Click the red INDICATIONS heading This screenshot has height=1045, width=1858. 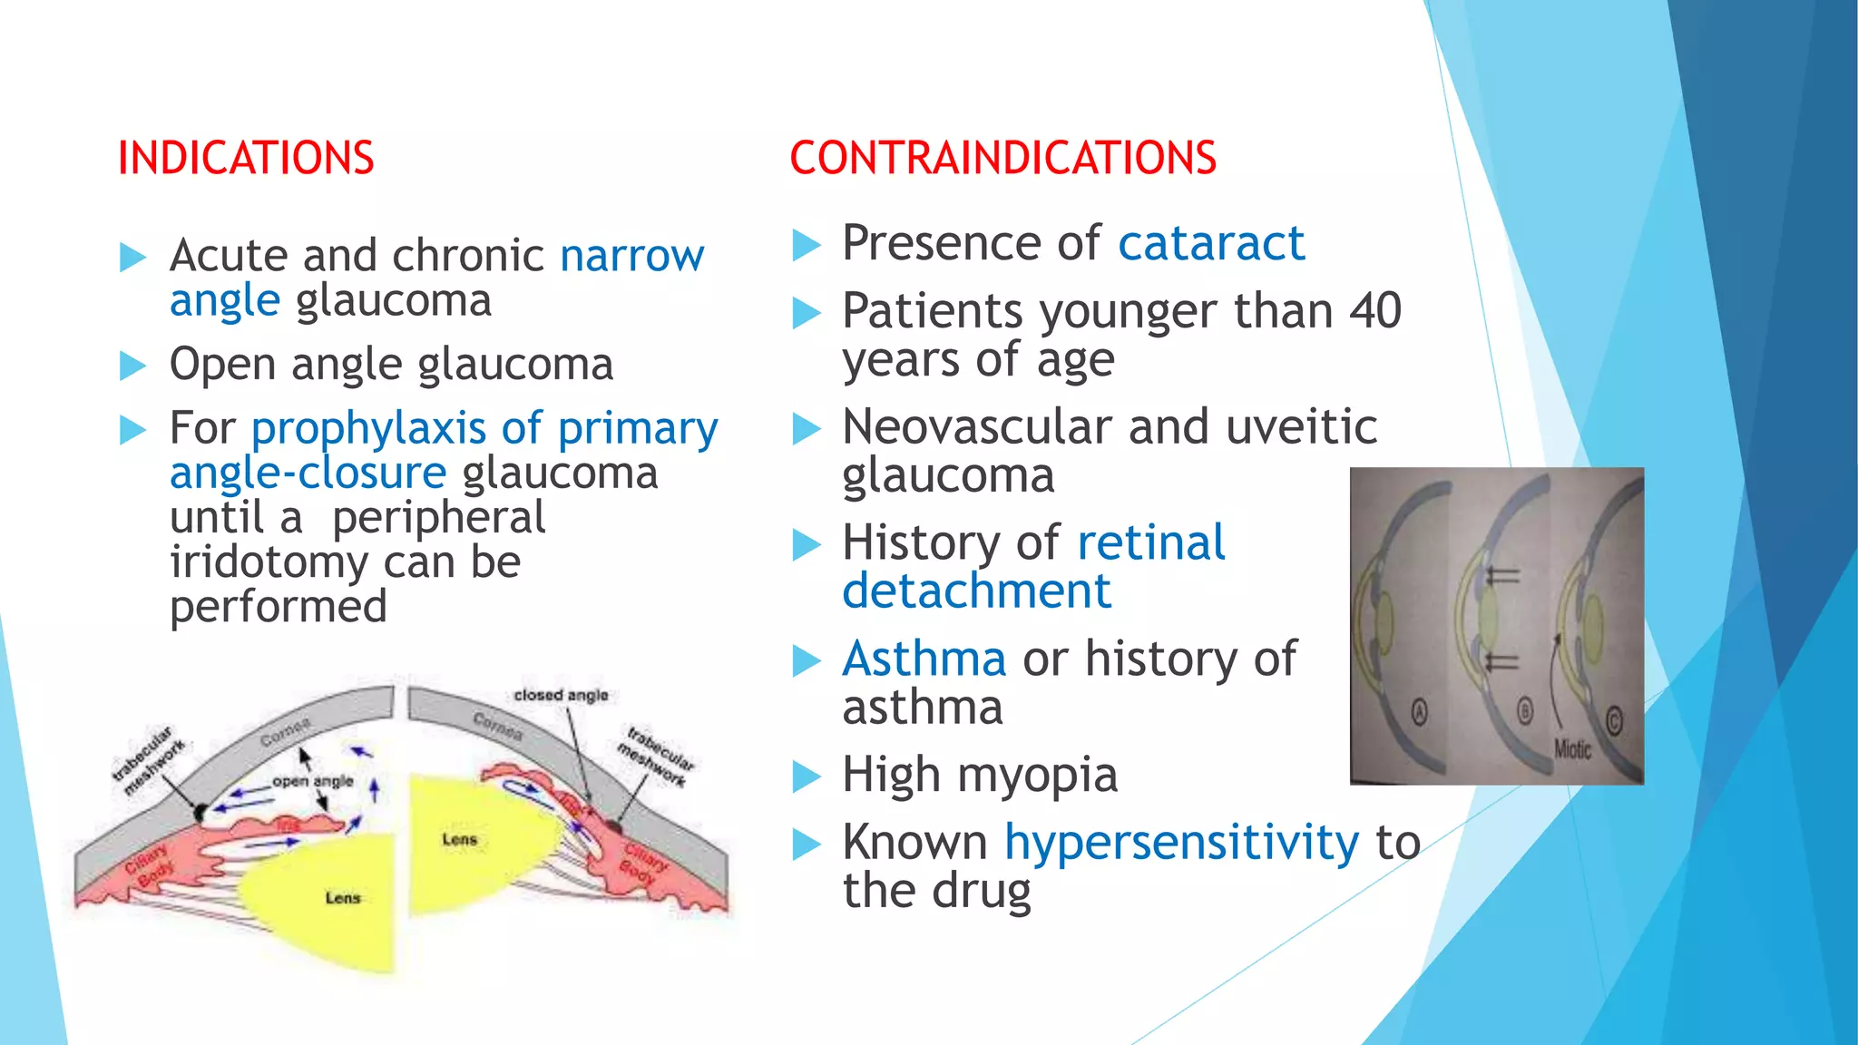(x=246, y=158)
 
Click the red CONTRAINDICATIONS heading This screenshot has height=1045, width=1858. (x=1002, y=158)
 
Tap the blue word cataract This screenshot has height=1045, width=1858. (x=1211, y=243)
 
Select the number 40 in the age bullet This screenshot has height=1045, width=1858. (x=1375, y=311)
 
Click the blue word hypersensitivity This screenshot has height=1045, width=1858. (x=1181, y=843)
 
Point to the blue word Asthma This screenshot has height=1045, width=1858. (x=924, y=659)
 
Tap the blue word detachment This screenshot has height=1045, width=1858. (x=976, y=591)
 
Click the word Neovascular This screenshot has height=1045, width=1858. (x=977, y=426)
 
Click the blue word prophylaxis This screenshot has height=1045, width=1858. (x=368, y=428)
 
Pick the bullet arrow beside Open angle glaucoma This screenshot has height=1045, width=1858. (x=132, y=366)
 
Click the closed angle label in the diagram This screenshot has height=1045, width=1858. (x=561, y=695)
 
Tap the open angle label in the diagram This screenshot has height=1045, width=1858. (x=313, y=781)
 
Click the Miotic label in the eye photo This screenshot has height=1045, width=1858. (x=1572, y=749)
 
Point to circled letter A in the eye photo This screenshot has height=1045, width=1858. (x=1420, y=713)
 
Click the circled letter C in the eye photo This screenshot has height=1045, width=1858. (x=1613, y=722)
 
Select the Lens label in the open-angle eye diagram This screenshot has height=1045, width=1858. (x=343, y=898)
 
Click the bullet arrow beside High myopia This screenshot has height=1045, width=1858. (x=806, y=777)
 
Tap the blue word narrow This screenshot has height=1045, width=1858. (x=631, y=256)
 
